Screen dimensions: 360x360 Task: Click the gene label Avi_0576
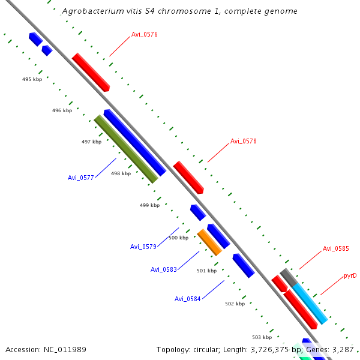coord(145,34)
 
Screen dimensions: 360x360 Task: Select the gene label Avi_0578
coord(244,142)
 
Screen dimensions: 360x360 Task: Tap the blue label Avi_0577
coord(81,178)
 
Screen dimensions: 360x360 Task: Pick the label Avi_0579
coord(143,247)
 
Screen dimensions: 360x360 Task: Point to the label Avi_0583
coord(164,269)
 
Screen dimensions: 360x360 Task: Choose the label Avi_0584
coord(188,299)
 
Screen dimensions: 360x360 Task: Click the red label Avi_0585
coord(336,248)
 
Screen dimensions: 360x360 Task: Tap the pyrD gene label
coord(350,276)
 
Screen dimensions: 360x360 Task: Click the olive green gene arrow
coord(126,149)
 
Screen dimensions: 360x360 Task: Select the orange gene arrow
coord(209,242)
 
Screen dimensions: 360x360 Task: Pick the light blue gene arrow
coord(310,303)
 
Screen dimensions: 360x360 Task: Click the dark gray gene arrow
coord(288,277)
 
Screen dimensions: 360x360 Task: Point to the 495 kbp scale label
coord(32,79)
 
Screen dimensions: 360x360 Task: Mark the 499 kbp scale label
coord(149,205)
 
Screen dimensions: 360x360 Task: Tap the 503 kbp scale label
coord(262,337)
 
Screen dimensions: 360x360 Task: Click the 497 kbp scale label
coord(91,142)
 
